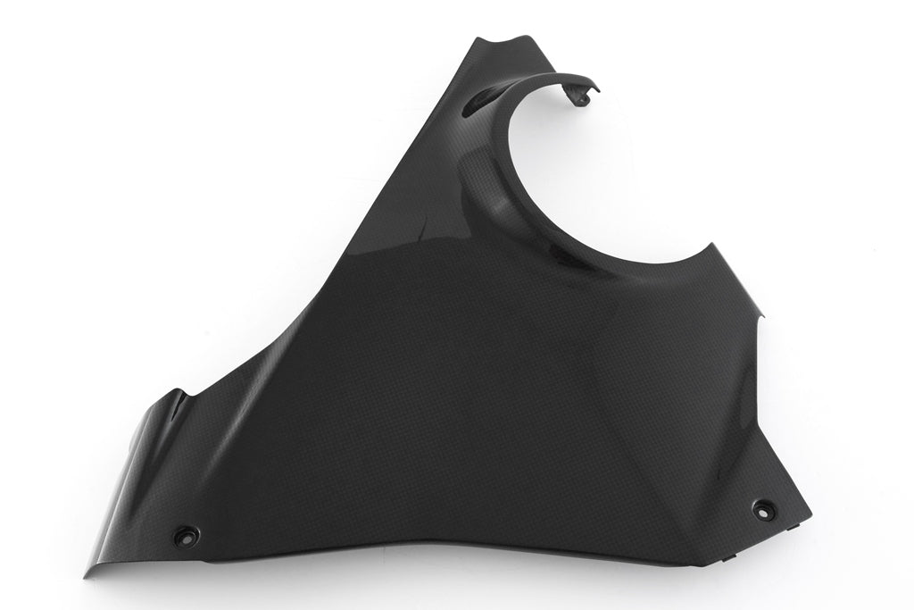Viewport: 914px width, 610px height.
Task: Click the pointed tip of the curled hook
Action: point(598,88)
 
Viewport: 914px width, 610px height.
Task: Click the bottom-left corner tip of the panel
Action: point(85,576)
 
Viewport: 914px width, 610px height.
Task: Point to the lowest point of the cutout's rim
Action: point(616,261)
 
